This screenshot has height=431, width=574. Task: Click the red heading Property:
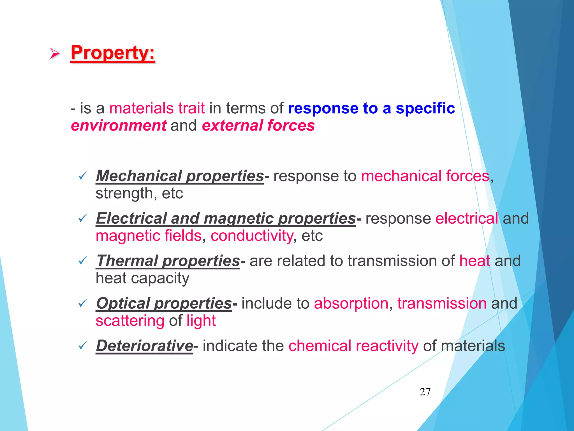pos(113,53)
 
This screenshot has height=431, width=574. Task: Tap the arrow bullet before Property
pos(55,53)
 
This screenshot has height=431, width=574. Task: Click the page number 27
pos(425,392)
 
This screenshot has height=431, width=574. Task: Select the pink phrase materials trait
pos(157,108)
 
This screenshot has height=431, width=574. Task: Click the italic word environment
pos(119,125)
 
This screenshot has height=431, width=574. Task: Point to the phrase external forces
pos(258,125)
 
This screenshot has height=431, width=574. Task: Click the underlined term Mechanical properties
pos(180,176)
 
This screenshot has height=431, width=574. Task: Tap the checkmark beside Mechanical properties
pos(83,176)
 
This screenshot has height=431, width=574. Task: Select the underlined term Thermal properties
pos(168,261)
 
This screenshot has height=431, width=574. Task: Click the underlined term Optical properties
pos(164,303)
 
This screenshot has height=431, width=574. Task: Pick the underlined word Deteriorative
pos(144,346)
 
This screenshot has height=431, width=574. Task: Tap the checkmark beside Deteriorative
pos(83,346)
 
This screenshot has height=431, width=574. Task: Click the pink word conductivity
pos(252,236)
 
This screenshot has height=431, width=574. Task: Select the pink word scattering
pos(130,321)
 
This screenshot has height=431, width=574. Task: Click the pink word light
pos(201,321)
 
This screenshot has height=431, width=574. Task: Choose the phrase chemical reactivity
pos(353,346)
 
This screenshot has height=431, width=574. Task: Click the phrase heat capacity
pos(142,278)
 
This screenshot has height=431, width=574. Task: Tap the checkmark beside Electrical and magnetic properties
pos(83,218)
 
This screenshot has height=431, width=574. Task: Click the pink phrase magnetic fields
pos(149,236)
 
